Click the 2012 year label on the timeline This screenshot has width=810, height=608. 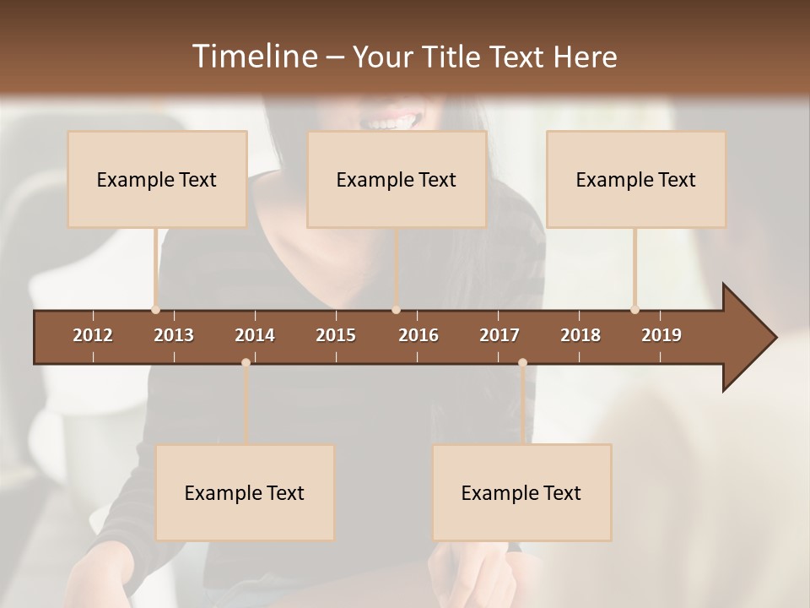pos(93,335)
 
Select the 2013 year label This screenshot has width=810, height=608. pos(174,335)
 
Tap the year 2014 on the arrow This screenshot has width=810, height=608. pos(255,335)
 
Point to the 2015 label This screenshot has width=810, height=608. pos(336,335)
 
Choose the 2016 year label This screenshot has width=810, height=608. pos(418,335)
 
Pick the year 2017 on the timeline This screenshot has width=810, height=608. pos(499,335)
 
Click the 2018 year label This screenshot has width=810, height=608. pos(580,335)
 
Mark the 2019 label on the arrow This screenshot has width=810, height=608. pos(661,335)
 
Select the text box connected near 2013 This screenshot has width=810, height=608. pos(157,179)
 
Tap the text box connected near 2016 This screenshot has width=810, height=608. pos(397,179)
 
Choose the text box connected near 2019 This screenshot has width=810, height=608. pos(636,179)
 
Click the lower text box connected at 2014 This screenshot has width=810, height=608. pos(245,492)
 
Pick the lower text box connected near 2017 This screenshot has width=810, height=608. pos(521,492)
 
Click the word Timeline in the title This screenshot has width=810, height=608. pos(254,57)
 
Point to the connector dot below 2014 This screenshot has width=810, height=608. pos(246,362)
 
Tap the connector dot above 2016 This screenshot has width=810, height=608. pos(396,310)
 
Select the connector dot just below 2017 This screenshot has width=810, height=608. pos(522,362)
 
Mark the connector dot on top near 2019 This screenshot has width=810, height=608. pos(634,310)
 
